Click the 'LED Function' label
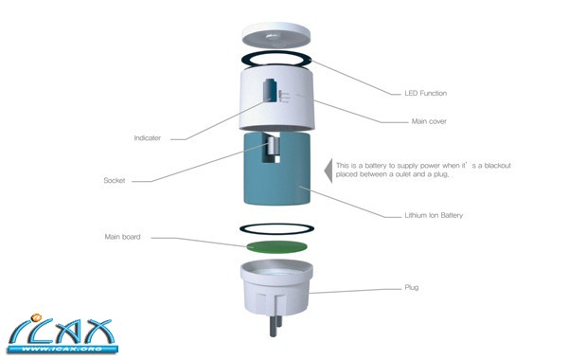coord(426,93)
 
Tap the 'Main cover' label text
coord(429,121)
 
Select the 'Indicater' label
coord(147,137)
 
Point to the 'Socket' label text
coord(115,180)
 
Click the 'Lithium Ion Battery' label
coord(434,215)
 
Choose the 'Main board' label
coord(122,237)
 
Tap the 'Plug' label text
coord(412,287)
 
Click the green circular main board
coord(276,247)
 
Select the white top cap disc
coord(276,36)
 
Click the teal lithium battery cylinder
coord(276,169)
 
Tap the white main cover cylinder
coord(276,99)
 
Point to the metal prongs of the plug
coord(275,325)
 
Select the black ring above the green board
coord(276,228)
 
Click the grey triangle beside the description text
coord(328,171)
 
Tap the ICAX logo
coord(62,333)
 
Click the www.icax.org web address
coord(62,350)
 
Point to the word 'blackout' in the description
coord(497,166)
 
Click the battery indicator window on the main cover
coord(271,90)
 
